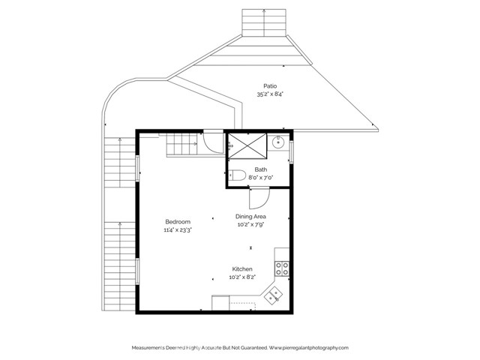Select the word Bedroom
click(178, 221)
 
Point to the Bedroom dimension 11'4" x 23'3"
click(178, 230)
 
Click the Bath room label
click(260, 169)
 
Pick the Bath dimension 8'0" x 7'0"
click(260, 178)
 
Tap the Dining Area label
click(251, 216)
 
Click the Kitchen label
click(241, 268)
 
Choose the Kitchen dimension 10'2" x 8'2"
click(241, 277)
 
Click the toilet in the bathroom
click(238, 175)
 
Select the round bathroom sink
click(278, 142)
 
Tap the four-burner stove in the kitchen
click(282, 265)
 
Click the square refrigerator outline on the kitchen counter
click(220, 303)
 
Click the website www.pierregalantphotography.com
click(309, 348)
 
